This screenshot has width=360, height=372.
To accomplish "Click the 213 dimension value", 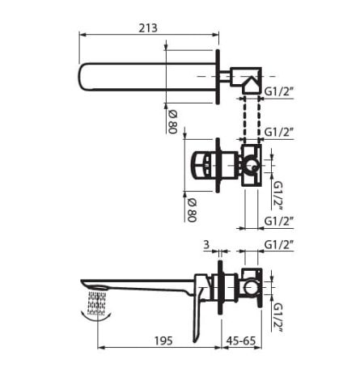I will coord(147,27).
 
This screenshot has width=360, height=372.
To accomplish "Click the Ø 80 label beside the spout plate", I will coord(172,120).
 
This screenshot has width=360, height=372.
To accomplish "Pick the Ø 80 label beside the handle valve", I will coord(192,205).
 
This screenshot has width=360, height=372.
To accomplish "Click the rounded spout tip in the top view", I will coord(85,77).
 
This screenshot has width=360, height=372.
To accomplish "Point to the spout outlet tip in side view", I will coord(87,285).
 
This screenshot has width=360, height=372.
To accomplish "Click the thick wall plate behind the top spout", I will coord(217,78).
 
